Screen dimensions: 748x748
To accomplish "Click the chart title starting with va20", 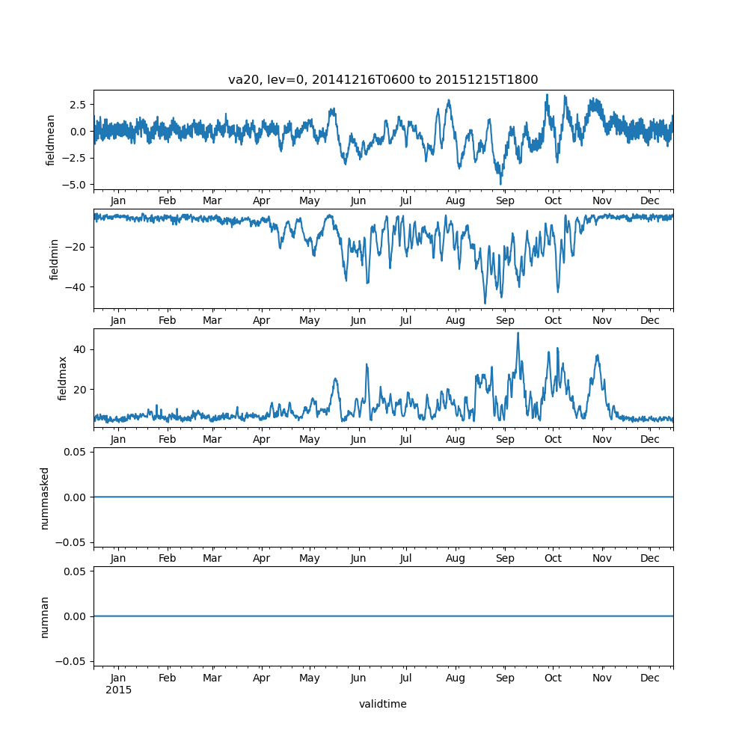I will [x=383, y=80].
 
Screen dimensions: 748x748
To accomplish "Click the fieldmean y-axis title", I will [x=51, y=140].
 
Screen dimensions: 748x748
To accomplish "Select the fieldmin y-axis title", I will [x=54, y=259].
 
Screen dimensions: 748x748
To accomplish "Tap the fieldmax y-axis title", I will [x=63, y=378].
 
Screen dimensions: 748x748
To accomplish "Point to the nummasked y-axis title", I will [x=45, y=498].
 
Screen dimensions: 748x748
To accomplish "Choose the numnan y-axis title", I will [x=45, y=616].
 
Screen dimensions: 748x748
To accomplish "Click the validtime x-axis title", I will [x=383, y=704].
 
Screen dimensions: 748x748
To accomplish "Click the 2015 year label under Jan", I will [x=118, y=690].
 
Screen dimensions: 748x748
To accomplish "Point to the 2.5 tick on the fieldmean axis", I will [x=78, y=105].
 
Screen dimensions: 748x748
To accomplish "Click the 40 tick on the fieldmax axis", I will [x=82, y=349].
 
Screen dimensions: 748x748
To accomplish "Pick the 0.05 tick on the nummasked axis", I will [x=78, y=452].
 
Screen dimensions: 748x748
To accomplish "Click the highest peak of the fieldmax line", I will [x=518, y=333].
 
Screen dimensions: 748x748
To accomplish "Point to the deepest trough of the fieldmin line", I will [x=485, y=303].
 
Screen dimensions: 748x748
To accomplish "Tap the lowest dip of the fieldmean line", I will [x=501, y=184].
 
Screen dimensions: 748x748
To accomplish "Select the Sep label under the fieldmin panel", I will [x=505, y=320].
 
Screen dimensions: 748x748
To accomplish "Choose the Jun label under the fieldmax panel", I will [x=358, y=440].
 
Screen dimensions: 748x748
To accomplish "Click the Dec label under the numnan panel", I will [x=650, y=678].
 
